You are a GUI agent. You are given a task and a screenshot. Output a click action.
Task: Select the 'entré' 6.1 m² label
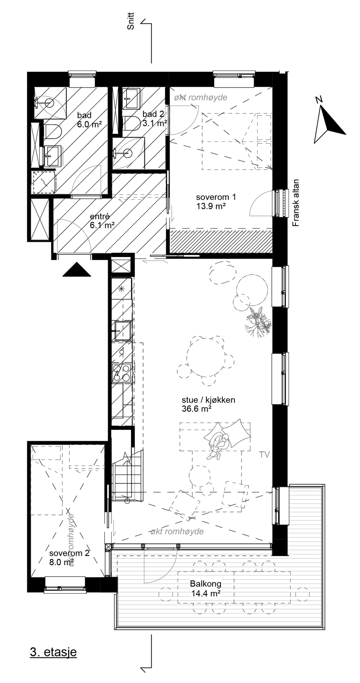102,221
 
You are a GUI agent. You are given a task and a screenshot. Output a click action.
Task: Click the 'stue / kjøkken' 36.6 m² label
208,404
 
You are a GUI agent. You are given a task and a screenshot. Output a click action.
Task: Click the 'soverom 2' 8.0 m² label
69,557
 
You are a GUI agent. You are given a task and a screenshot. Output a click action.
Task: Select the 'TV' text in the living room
264,455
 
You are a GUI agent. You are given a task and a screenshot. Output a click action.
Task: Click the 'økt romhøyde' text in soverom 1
201,97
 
